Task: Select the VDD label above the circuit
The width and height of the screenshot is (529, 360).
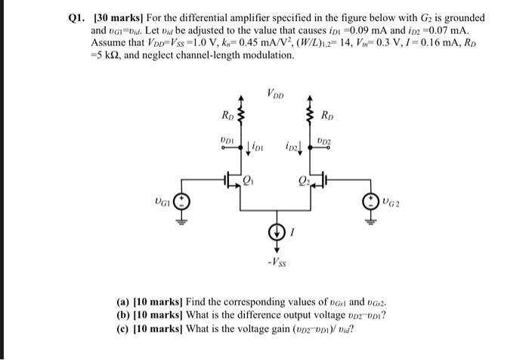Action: (276, 95)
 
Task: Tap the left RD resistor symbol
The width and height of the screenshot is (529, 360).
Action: (242, 116)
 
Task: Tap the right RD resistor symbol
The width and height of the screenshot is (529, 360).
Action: (310, 116)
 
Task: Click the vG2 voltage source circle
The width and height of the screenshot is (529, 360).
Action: (370, 203)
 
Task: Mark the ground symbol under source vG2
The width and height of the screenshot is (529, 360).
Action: (370, 222)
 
